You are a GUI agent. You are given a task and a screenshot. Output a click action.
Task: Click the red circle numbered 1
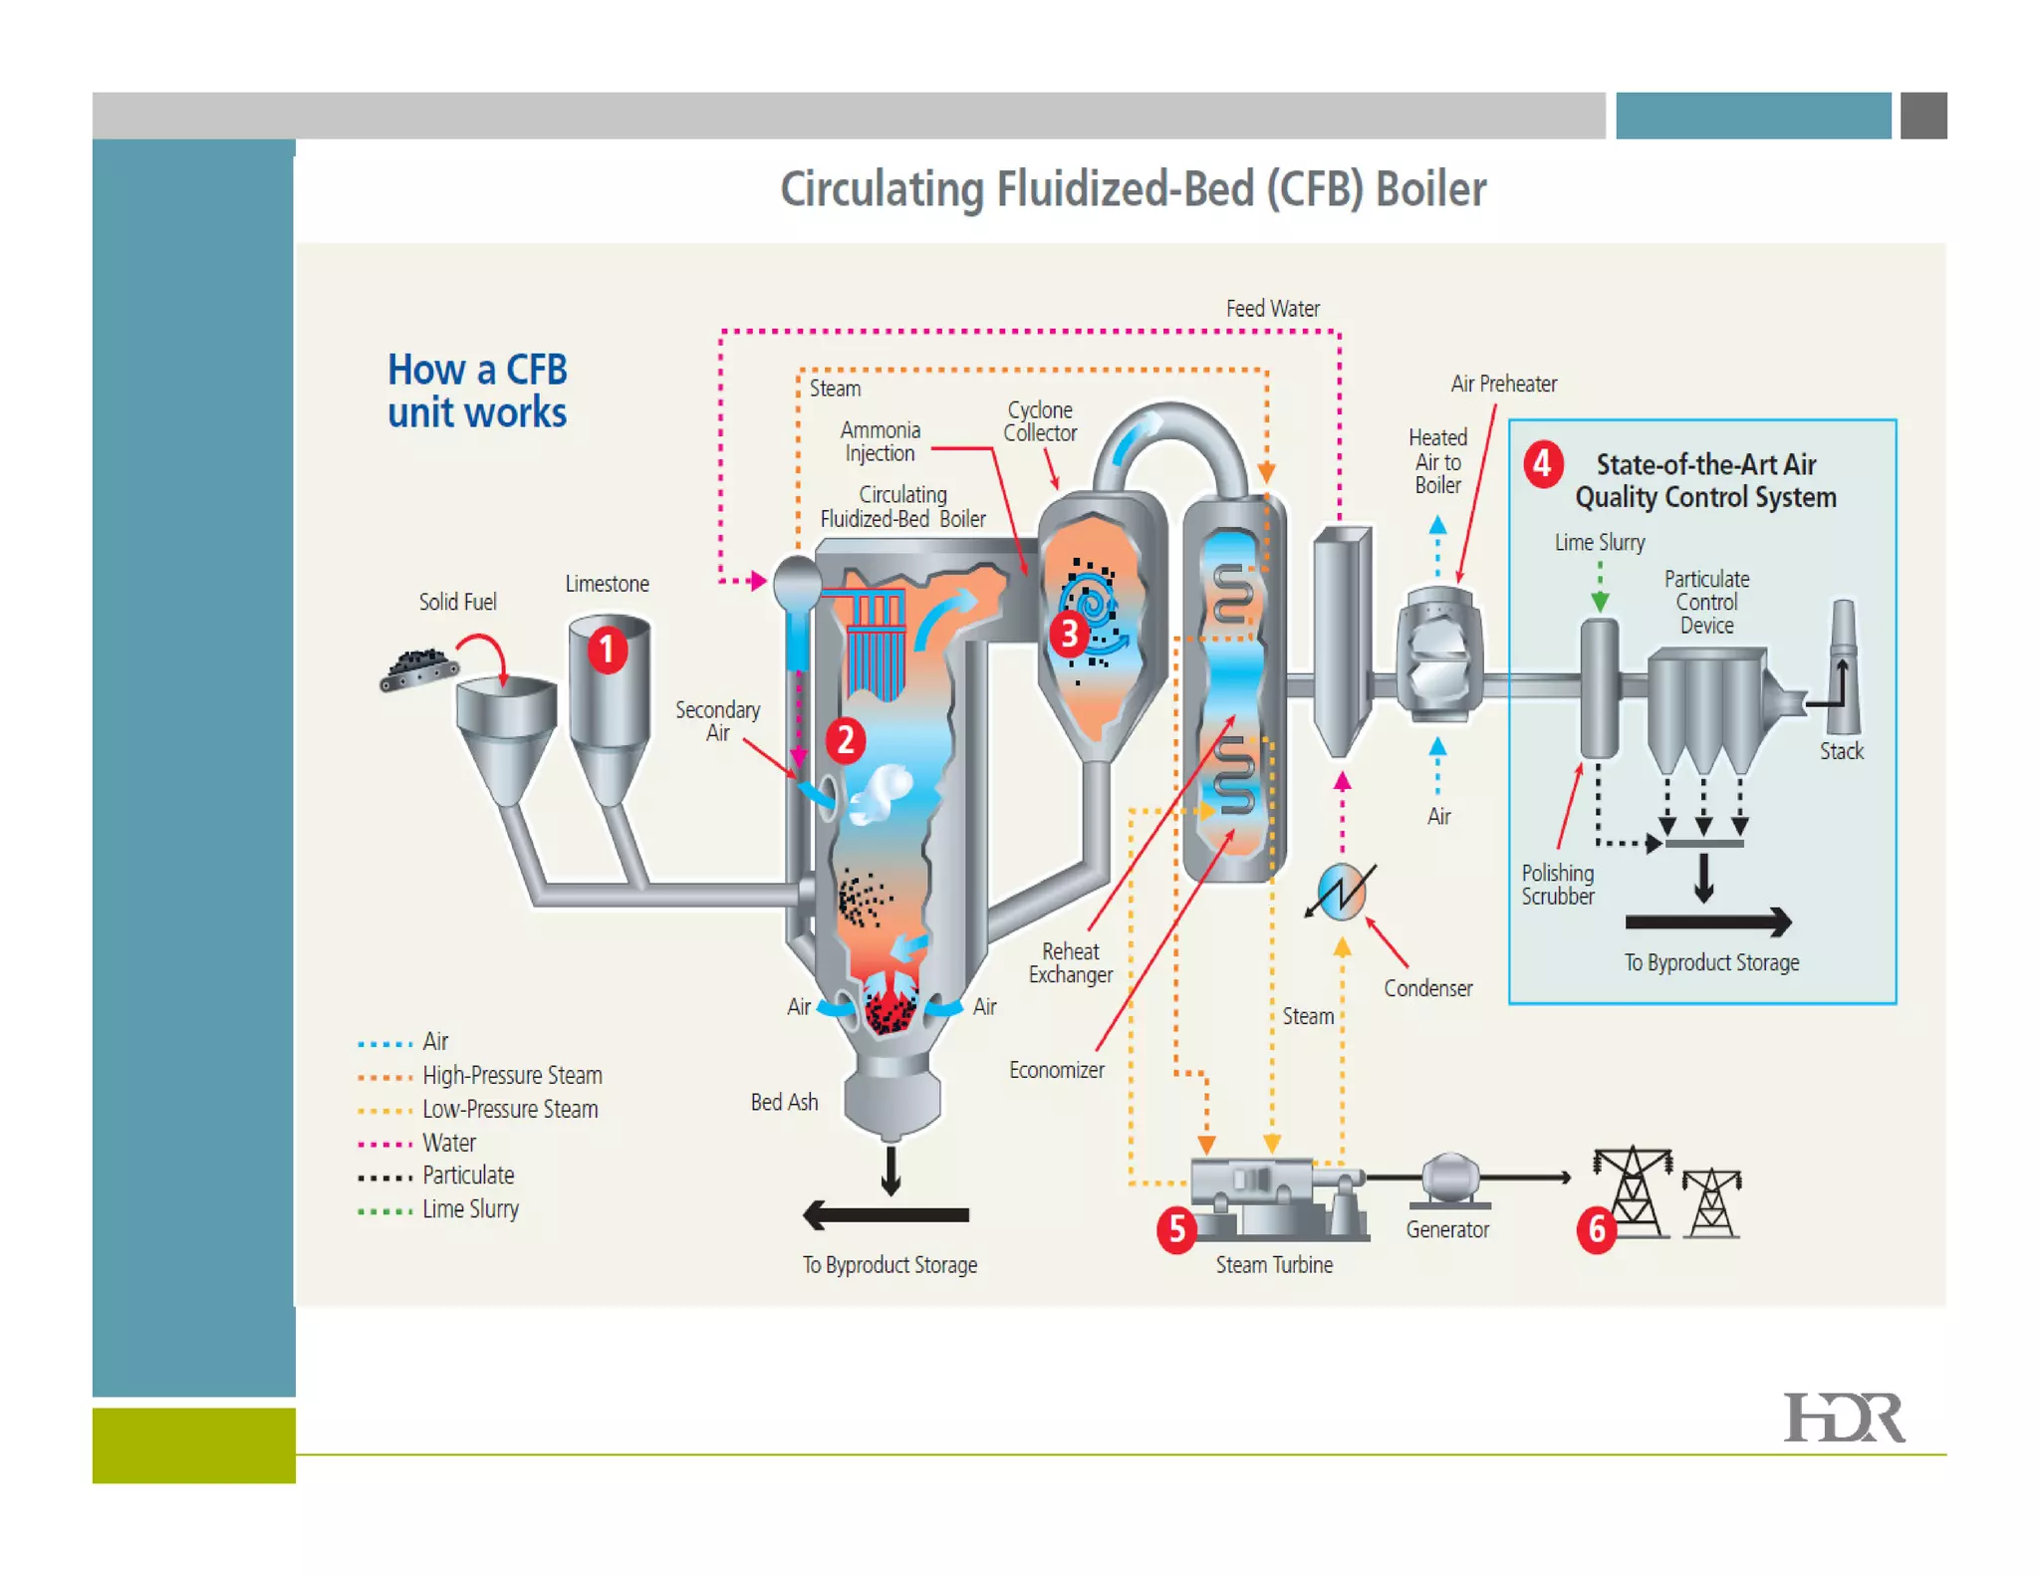pyautogui.click(x=607, y=650)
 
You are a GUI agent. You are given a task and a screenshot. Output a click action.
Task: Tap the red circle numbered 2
pyautogui.click(x=846, y=740)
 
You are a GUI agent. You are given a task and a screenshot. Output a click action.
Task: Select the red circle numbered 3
pyautogui.click(x=1069, y=634)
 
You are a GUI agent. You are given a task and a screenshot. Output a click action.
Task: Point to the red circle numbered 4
pyautogui.click(x=1543, y=464)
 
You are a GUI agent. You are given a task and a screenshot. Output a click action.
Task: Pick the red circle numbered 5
pyautogui.click(x=1176, y=1230)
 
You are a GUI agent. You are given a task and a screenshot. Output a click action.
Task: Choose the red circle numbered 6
pyautogui.click(x=1597, y=1230)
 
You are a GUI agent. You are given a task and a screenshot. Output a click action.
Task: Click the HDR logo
pyautogui.click(x=1844, y=1418)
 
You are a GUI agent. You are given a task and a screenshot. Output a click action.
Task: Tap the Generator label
pyautogui.click(x=1447, y=1230)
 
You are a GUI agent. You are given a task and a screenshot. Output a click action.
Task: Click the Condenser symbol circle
pyautogui.click(x=1342, y=890)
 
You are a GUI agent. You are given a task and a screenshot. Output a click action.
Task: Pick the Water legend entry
pyautogui.click(x=448, y=1143)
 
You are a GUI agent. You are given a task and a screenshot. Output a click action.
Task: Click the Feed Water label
pyautogui.click(x=1272, y=309)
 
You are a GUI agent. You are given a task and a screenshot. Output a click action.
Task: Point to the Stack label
pyautogui.click(x=1841, y=751)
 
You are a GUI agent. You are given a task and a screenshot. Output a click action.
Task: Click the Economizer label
pyautogui.click(x=1056, y=1070)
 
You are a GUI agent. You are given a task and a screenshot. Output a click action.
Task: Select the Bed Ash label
pyautogui.click(x=784, y=1102)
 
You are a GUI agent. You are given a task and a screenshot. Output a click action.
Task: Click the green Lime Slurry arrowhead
pyautogui.click(x=1600, y=602)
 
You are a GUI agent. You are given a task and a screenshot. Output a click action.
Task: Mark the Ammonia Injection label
pyautogui.click(x=880, y=441)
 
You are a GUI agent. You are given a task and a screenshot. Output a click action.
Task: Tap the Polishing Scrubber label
pyautogui.click(x=1557, y=885)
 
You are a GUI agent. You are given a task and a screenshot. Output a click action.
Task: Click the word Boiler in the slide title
pyautogui.click(x=1430, y=189)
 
